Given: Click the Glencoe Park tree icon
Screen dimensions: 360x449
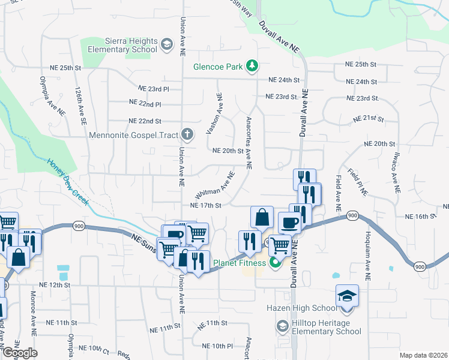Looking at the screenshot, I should [253, 66].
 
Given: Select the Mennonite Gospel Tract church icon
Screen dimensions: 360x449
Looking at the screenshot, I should [188, 134].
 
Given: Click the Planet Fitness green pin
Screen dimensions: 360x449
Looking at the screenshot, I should [276, 262].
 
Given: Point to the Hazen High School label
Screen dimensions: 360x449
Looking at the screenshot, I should [301, 308].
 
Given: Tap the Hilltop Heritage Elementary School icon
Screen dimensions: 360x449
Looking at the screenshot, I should [282, 326].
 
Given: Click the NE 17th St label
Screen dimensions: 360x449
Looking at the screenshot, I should [206, 205].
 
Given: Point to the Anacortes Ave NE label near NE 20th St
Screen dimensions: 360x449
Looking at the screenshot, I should [248, 142].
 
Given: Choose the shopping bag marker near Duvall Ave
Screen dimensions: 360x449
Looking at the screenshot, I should [262, 217].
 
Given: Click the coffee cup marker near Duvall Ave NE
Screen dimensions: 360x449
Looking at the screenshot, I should [289, 223].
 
